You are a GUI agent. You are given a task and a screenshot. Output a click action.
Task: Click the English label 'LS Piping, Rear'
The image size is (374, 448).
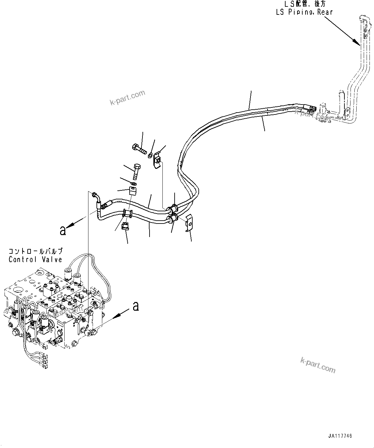tap(304, 12)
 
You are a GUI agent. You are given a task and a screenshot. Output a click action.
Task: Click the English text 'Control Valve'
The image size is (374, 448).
tap(35, 259)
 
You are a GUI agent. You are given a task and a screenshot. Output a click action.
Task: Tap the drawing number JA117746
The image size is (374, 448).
tap(340, 436)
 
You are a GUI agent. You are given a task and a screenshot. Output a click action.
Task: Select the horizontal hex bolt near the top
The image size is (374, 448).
tap(139, 149)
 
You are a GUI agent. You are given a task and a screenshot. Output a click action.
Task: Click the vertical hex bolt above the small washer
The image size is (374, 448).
tap(137, 172)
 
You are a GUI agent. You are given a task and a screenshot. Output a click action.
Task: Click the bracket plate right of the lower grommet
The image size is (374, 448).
tap(189, 223)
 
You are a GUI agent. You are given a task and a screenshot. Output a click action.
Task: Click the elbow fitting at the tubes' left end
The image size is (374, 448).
tap(96, 196)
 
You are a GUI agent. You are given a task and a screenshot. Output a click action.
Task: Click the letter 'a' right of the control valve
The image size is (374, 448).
tap(136, 306)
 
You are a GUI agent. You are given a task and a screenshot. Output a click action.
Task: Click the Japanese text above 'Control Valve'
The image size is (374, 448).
tap(35, 251)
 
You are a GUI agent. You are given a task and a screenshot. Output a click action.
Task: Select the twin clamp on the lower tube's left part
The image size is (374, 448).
tap(127, 213)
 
